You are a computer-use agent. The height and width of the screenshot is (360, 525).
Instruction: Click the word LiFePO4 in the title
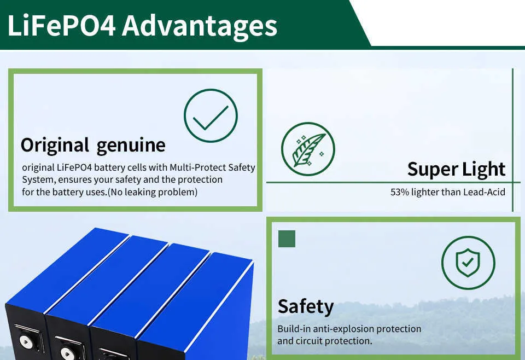(x=62, y=26)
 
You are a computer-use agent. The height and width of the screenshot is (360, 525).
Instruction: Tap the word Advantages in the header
(x=200, y=27)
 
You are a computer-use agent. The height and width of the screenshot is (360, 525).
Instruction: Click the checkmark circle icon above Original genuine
(x=211, y=115)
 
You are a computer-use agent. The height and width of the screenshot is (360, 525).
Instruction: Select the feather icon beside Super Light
(x=308, y=149)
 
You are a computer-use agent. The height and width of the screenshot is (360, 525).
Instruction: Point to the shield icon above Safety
(x=468, y=263)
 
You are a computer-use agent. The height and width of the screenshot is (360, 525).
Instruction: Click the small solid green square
(x=287, y=239)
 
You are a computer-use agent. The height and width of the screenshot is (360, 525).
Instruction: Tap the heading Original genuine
(x=93, y=146)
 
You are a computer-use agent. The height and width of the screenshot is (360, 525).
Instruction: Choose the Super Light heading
(x=456, y=169)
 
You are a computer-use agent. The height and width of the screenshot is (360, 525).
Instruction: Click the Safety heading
(x=306, y=307)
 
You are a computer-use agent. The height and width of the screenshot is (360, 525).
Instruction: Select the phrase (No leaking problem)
(x=153, y=192)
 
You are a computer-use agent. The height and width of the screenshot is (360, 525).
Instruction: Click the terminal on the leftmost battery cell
(x=26, y=341)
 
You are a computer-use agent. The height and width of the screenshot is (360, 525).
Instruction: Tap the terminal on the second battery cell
(x=67, y=353)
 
